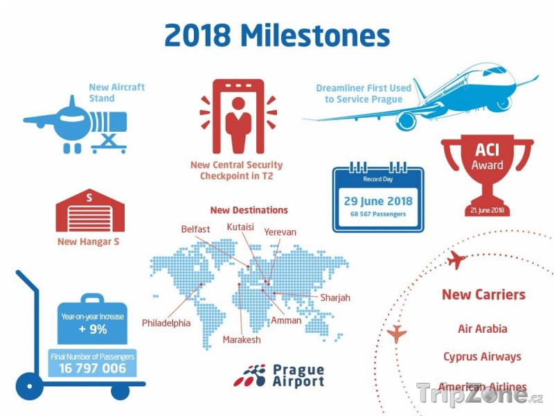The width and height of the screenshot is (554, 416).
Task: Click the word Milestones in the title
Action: (x=315, y=35)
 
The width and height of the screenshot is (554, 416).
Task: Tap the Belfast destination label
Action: (x=195, y=229)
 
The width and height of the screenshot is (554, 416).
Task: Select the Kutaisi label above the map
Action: (x=240, y=227)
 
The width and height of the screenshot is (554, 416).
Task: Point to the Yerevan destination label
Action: (x=280, y=232)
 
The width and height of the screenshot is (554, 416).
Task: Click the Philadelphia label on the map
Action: (x=166, y=323)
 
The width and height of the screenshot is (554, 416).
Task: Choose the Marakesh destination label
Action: (x=242, y=340)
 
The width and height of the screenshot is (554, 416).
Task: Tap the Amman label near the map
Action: (x=286, y=320)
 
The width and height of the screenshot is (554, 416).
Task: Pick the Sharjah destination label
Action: (x=335, y=298)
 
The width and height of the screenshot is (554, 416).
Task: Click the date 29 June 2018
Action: (x=378, y=201)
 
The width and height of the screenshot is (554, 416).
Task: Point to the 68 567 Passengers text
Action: (x=378, y=214)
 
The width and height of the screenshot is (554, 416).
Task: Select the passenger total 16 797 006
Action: (x=93, y=369)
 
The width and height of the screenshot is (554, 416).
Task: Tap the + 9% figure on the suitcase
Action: (x=93, y=329)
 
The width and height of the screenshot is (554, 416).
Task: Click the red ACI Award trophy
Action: (x=488, y=175)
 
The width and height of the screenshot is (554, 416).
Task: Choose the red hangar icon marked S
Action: (x=90, y=210)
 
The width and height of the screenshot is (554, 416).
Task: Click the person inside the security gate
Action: (x=238, y=124)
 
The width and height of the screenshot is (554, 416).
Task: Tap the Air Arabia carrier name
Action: (x=482, y=329)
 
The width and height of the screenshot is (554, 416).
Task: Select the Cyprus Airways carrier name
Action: (x=482, y=356)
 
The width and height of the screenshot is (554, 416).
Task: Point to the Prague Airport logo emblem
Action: (x=249, y=376)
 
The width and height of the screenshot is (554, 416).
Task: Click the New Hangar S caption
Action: (x=89, y=241)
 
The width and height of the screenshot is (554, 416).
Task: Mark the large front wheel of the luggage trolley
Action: (x=30, y=386)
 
